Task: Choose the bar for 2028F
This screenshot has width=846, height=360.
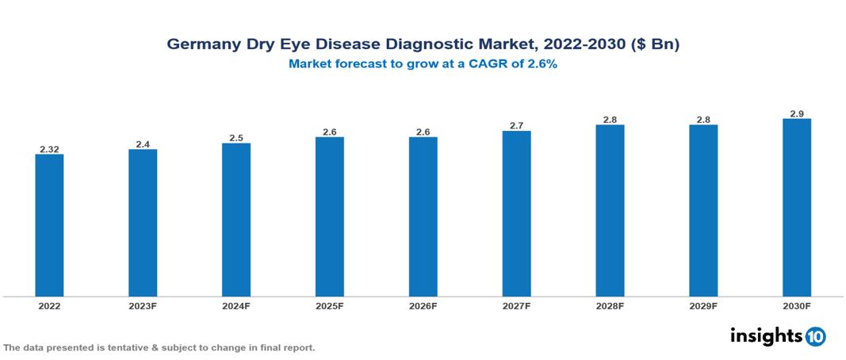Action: click(x=610, y=211)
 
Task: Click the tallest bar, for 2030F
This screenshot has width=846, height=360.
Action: click(x=797, y=208)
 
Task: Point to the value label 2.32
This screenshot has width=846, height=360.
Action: click(x=49, y=149)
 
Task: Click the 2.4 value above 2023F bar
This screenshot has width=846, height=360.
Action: click(x=143, y=144)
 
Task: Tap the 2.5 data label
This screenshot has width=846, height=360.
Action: click(x=236, y=138)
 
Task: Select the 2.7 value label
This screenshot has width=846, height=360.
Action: click(x=517, y=125)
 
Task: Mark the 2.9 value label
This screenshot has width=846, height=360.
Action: click(x=797, y=113)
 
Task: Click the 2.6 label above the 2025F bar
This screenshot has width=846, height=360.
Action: click(x=330, y=132)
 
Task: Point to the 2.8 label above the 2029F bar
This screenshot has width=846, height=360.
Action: click(x=703, y=120)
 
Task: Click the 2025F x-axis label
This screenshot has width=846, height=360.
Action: click(x=330, y=305)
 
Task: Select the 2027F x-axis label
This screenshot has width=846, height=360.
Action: click(x=517, y=305)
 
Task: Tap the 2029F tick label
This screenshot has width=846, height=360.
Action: click(x=703, y=305)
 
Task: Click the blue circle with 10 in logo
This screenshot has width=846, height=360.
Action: click(x=815, y=336)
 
